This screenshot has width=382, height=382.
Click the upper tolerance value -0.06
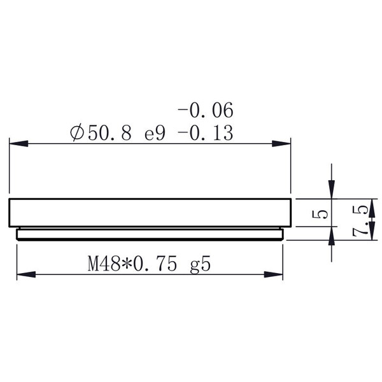pos(206,111)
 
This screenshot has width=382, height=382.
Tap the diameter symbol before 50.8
pos(75,134)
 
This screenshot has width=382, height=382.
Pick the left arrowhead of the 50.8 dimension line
pos(15,144)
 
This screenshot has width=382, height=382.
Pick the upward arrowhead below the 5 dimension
pos(330,237)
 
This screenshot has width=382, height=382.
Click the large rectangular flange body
pos(150,213)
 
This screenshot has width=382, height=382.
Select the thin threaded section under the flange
pos(150,234)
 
